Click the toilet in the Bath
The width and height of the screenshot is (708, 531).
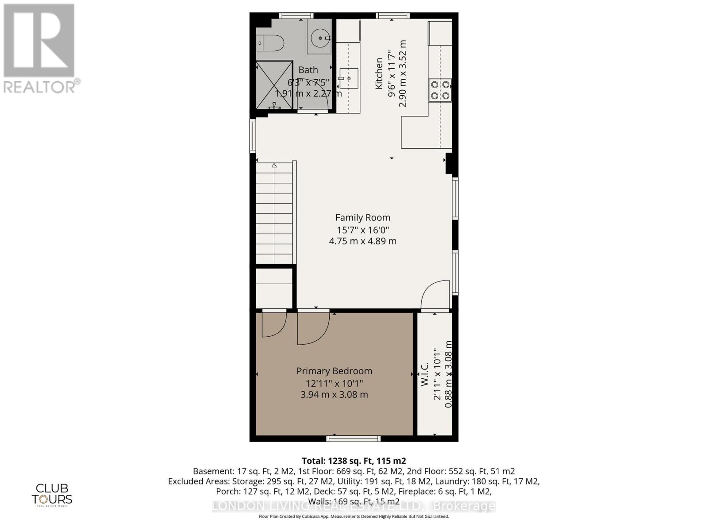coord(270,43)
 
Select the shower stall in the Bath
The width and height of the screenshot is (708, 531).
coord(274,85)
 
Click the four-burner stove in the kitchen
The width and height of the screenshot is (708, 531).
coord(440,90)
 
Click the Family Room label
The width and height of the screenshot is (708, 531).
coord(362,217)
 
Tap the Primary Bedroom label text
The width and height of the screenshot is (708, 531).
coord(334,371)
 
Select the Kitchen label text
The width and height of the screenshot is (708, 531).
coord(379,73)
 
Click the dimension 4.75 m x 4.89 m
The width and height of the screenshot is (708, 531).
coord(362,241)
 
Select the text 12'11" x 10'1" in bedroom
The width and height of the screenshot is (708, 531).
coord(334,383)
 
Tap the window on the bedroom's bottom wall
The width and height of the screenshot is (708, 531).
coord(353,439)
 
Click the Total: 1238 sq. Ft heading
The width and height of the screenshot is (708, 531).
coord(354,460)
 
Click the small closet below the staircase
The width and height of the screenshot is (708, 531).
coord(274,288)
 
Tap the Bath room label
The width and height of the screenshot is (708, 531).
coord(308,70)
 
